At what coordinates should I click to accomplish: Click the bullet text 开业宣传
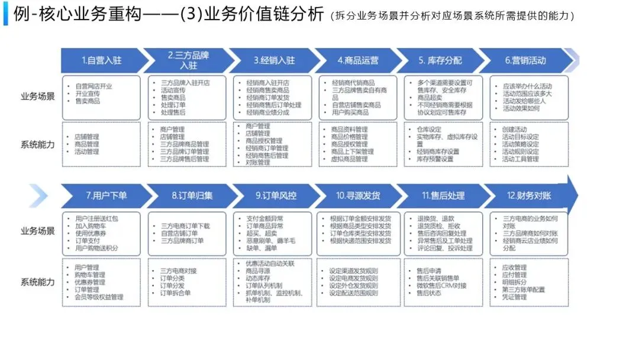pos(88,94)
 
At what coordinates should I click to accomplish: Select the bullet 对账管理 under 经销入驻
pos(258,162)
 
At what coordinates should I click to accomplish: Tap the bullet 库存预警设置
pos(435,159)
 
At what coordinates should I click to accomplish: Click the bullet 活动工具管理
pos(521,159)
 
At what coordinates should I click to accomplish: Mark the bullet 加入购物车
pos(90,226)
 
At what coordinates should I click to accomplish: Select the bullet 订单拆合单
pos(176,292)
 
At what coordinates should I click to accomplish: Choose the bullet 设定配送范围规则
pos(353,292)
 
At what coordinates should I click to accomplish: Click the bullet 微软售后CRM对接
pos(441,285)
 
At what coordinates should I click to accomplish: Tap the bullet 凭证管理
pos(514,297)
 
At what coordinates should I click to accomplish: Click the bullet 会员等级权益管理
pos(99,297)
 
